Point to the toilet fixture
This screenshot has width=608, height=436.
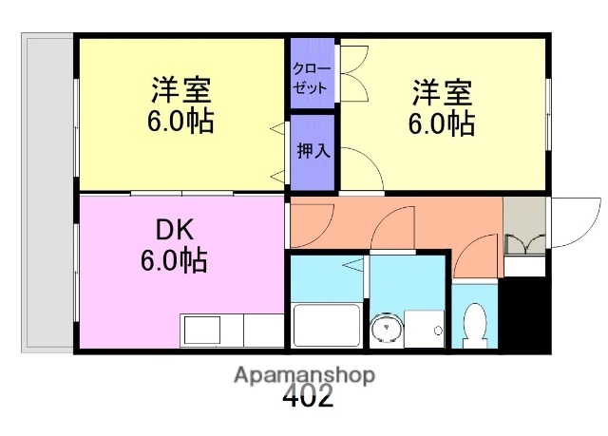coord(475,323)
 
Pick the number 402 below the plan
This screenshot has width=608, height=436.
coord(308,397)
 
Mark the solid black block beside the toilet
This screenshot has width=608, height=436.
coord(523,313)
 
